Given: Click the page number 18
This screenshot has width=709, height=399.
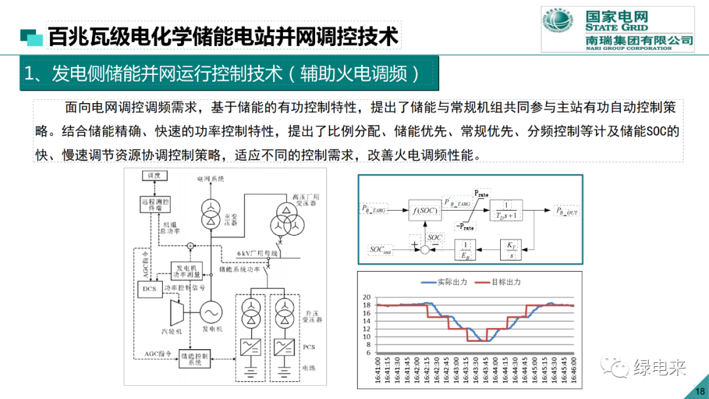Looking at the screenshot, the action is [698, 392].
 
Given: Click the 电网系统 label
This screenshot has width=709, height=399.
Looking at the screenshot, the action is [210, 178].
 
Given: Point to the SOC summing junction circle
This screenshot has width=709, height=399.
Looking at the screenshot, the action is [423, 249].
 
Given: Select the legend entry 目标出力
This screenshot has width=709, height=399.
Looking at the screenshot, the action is [504, 282].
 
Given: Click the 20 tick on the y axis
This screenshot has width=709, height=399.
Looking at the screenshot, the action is [366, 297].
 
